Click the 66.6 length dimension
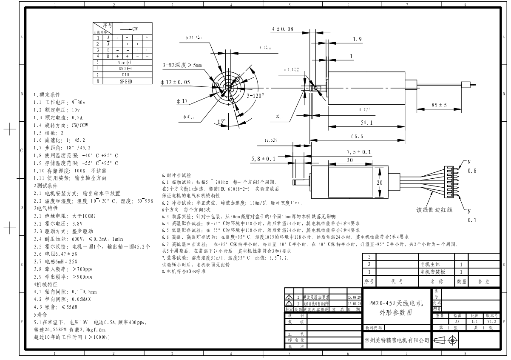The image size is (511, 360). coord(357,137)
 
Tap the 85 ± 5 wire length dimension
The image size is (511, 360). coord(439,105)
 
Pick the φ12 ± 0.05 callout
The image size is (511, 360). coord(175,82)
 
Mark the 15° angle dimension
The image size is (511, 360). coord(221,122)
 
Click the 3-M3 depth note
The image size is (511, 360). coord(182,65)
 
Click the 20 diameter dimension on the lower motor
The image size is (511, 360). coord(380,182)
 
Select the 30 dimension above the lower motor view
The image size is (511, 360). coord(349,160)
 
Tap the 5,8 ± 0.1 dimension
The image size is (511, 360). coord(263,159)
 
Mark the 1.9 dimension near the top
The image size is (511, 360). coord(358,40)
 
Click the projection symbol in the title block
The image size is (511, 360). coord(447,340)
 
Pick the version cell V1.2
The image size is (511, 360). coord(492,322)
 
